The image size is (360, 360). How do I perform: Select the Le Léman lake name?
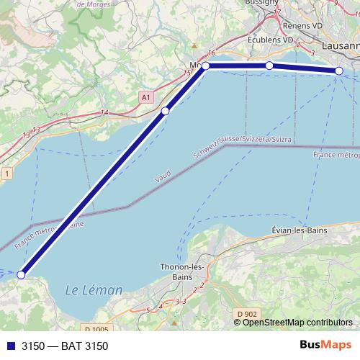(x=94, y=290)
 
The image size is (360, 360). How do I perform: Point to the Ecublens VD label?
(x=270, y=40)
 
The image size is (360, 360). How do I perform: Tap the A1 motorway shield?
(x=146, y=96)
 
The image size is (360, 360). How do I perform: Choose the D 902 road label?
(x=246, y=314)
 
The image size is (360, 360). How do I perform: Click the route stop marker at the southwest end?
(x=22, y=274)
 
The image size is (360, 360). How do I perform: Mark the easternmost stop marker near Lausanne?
(x=338, y=71)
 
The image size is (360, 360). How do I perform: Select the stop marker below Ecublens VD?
(x=269, y=66)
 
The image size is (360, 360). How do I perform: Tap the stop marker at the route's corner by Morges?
(x=206, y=66)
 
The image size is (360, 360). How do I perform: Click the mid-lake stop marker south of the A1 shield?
(x=166, y=111)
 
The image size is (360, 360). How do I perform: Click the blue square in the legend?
(x=9, y=346)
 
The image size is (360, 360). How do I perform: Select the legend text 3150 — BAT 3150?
(x=65, y=346)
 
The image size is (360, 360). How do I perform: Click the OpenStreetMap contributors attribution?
(x=297, y=322)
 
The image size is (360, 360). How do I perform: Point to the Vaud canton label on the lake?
(x=163, y=177)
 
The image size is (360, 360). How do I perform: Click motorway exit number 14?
(x=105, y=112)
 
